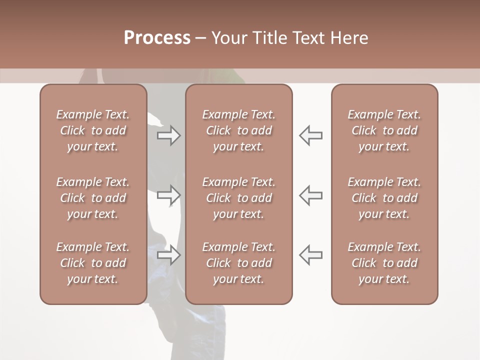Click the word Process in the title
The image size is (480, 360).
(157, 38)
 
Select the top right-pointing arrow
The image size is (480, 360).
(169, 135)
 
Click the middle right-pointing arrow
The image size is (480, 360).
(169, 195)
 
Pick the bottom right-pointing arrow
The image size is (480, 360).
(169, 254)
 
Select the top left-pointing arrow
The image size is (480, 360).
(310, 135)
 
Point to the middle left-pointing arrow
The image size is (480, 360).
(310, 195)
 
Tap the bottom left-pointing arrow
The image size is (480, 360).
(310, 254)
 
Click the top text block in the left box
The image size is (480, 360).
(93, 130)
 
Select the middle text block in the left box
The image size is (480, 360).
(93, 198)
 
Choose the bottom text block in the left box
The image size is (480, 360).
(93, 263)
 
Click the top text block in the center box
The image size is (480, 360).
(238, 130)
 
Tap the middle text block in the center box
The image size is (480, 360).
(238, 198)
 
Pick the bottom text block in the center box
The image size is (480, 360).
(238, 263)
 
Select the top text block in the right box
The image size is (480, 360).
(384, 130)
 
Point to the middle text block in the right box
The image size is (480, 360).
(384, 198)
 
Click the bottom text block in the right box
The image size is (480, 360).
(384, 263)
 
